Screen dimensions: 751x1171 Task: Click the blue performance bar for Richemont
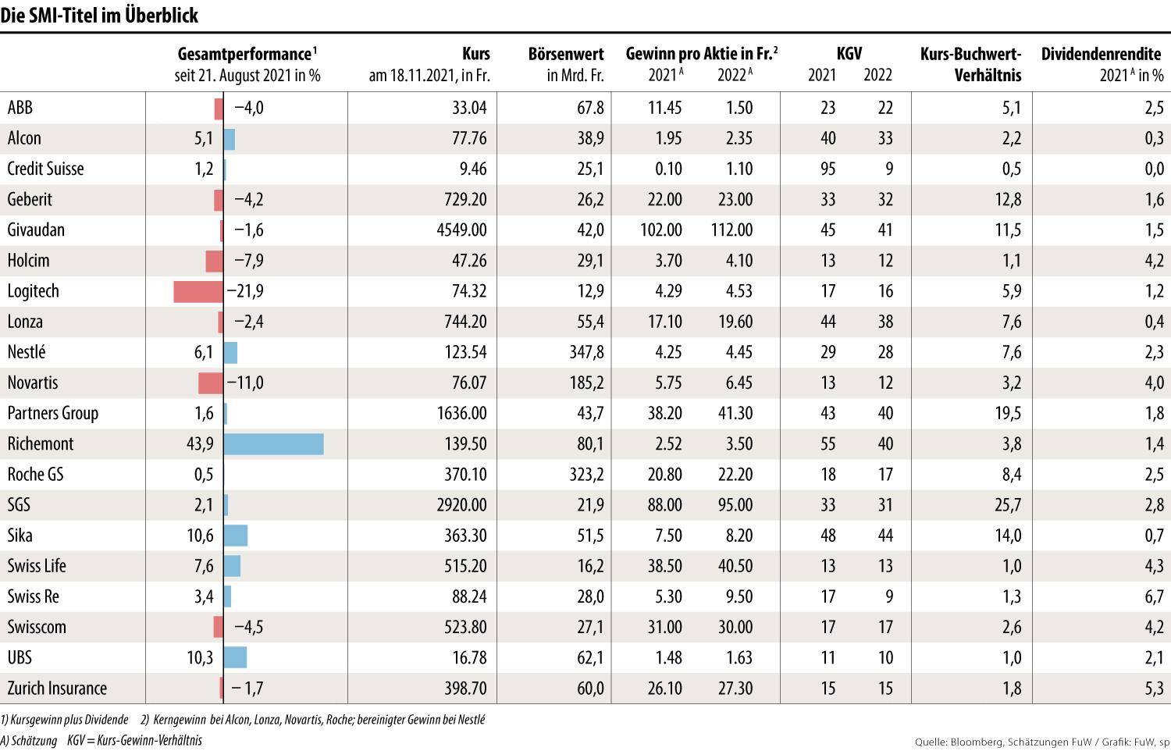coord(273,444)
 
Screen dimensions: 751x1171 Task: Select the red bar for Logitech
coord(198,291)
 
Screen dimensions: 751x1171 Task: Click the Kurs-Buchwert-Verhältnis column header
coord(970,65)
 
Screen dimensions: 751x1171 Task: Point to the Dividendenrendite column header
coord(1102,65)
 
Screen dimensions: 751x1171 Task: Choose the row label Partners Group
coord(53,414)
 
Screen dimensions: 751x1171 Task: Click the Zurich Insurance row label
coord(57,689)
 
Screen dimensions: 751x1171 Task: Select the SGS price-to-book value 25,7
coord(1007,505)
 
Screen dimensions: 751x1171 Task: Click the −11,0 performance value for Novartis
coord(245,383)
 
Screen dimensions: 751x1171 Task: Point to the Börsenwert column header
coord(566,65)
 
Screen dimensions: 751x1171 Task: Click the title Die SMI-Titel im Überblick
coord(99,15)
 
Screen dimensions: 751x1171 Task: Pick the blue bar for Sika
coord(235,536)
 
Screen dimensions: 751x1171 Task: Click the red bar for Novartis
coord(211,383)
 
